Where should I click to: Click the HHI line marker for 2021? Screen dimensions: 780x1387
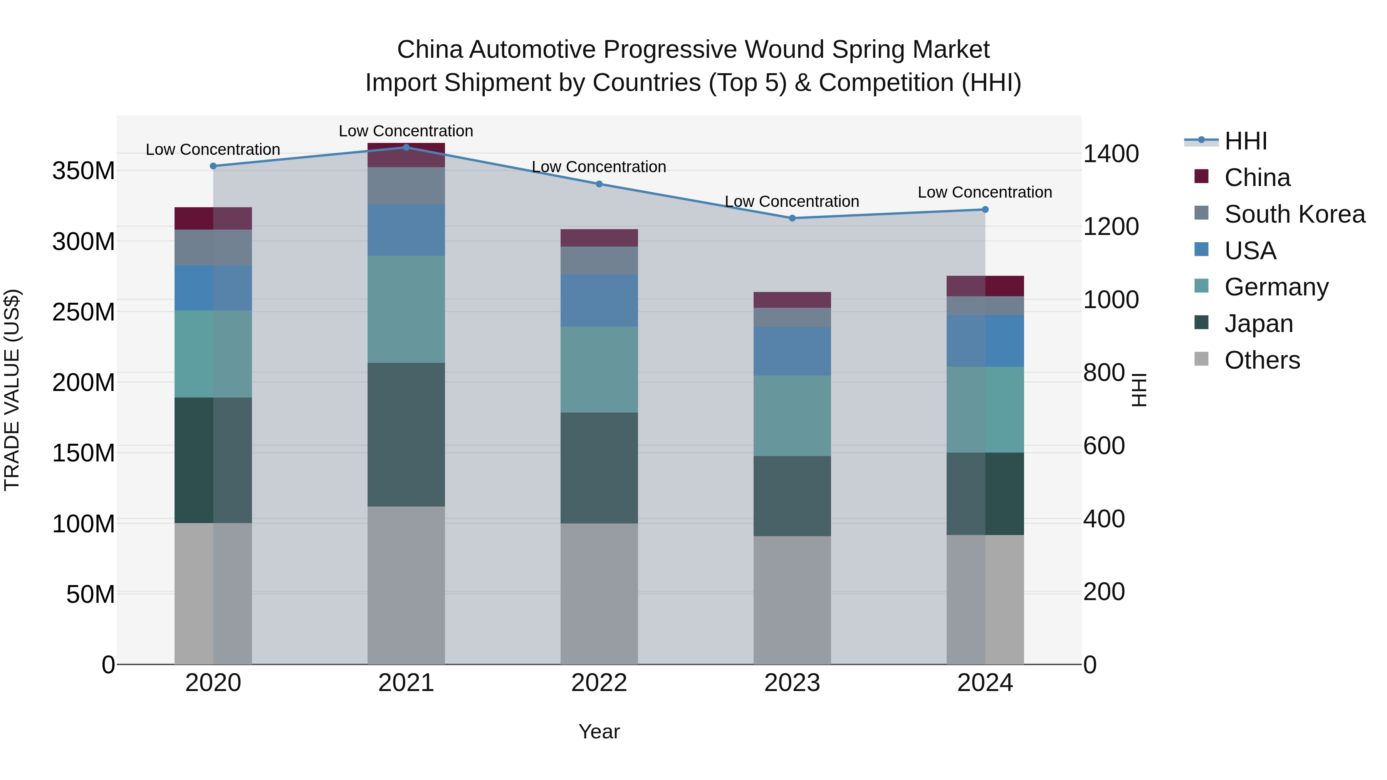(x=406, y=147)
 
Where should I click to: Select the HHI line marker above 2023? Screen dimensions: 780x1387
(x=791, y=218)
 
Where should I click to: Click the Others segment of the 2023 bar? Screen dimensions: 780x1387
(x=791, y=600)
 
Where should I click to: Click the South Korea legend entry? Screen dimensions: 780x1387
(x=1295, y=214)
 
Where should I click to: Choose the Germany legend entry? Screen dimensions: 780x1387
(x=1276, y=287)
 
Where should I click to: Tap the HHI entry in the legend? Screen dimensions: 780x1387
(x=1245, y=141)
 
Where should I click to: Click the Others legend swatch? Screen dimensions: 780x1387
(x=1201, y=359)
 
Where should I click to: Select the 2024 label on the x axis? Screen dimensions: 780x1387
(x=985, y=683)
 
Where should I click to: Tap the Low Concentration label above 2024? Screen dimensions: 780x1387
(x=984, y=192)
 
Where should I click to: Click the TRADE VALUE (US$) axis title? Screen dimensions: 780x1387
(x=12, y=390)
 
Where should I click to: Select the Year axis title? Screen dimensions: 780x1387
(x=599, y=731)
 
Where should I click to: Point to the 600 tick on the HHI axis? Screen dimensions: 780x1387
(x=1103, y=446)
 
